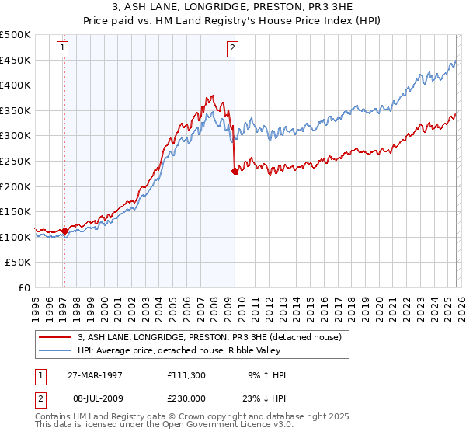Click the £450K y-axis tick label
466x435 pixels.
tap(16, 60)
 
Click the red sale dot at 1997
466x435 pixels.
tap(64, 231)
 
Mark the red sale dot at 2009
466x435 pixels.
tap(234, 172)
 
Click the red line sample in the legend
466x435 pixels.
tap(54, 337)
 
